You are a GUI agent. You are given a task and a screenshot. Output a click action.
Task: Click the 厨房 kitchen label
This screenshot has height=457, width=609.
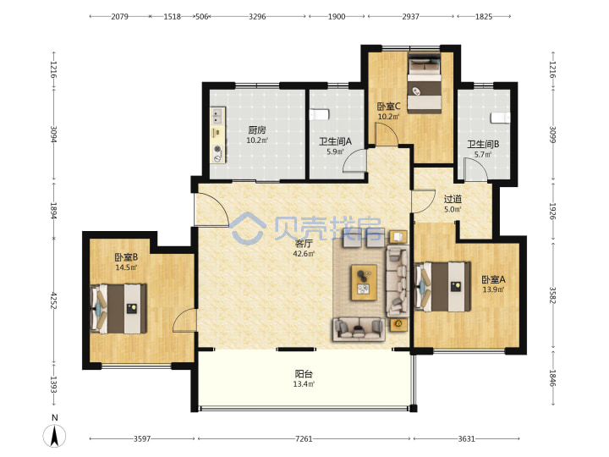tap(257, 129)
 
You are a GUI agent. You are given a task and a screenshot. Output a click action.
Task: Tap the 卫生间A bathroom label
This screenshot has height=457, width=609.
tap(335, 141)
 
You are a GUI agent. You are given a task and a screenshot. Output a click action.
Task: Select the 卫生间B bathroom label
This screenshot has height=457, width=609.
tap(483, 144)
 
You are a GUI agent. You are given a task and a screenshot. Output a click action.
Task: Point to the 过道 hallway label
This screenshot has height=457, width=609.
tap(453, 199)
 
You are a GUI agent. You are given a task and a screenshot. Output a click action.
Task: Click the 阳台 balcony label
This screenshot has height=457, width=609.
tap(304, 374)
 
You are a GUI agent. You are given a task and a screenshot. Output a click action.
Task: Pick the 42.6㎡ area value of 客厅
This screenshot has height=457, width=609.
tap(304, 254)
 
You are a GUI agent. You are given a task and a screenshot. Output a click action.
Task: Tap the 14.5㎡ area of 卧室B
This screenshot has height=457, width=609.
tap(126, 267)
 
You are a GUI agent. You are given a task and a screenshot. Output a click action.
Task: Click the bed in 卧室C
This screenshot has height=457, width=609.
tap(425, 84)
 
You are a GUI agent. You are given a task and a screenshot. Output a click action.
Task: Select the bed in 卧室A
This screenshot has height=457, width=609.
tap(442, 287)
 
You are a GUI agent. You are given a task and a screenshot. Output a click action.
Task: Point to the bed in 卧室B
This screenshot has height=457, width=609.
tap(118, 309)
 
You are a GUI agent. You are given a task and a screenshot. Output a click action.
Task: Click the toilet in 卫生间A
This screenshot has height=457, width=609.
tap(319, 114)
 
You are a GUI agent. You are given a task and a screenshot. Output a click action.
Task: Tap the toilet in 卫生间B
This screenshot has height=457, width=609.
tap(500, 118)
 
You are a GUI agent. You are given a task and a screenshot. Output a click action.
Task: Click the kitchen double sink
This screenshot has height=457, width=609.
tap(217, 116)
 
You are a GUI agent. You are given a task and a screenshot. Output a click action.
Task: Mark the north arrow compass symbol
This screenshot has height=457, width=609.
tap(54, 435)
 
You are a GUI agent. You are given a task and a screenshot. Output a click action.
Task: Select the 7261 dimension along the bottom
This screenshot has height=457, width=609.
tap(304, 438)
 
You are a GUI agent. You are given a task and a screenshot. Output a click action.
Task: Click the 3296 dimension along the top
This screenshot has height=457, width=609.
tap(257, 16)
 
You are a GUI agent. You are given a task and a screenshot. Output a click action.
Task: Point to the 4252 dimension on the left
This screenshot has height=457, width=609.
tap(53, 300)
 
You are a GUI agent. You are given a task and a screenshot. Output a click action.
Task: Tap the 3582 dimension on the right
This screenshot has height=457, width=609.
tap(552, 295)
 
